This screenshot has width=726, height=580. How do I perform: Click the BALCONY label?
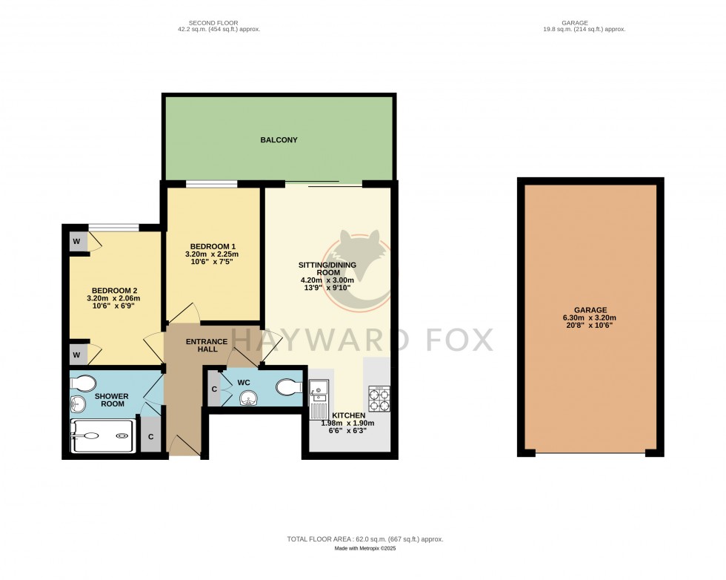(x=279, y=139)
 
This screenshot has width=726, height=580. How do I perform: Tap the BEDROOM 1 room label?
(x=212, y=246)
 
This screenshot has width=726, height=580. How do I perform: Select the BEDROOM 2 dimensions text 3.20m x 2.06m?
(x=113, y=299)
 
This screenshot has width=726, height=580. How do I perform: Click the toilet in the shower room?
(x=82, y=383)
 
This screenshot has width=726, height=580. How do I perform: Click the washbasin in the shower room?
(x=78, y=404)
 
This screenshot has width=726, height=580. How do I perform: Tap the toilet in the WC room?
(x=287, y=387)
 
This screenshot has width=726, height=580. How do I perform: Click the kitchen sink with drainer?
(x=319, y=398)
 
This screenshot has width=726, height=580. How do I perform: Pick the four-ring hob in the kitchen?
(x=379, y=398)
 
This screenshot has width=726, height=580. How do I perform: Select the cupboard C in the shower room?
(x=150, y=437)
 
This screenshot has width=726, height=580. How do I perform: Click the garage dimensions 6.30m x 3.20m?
(x=590, y=319)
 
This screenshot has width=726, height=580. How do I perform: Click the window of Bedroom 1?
(x=211, y=183)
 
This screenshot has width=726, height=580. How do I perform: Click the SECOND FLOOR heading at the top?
(x=216, y=22)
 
